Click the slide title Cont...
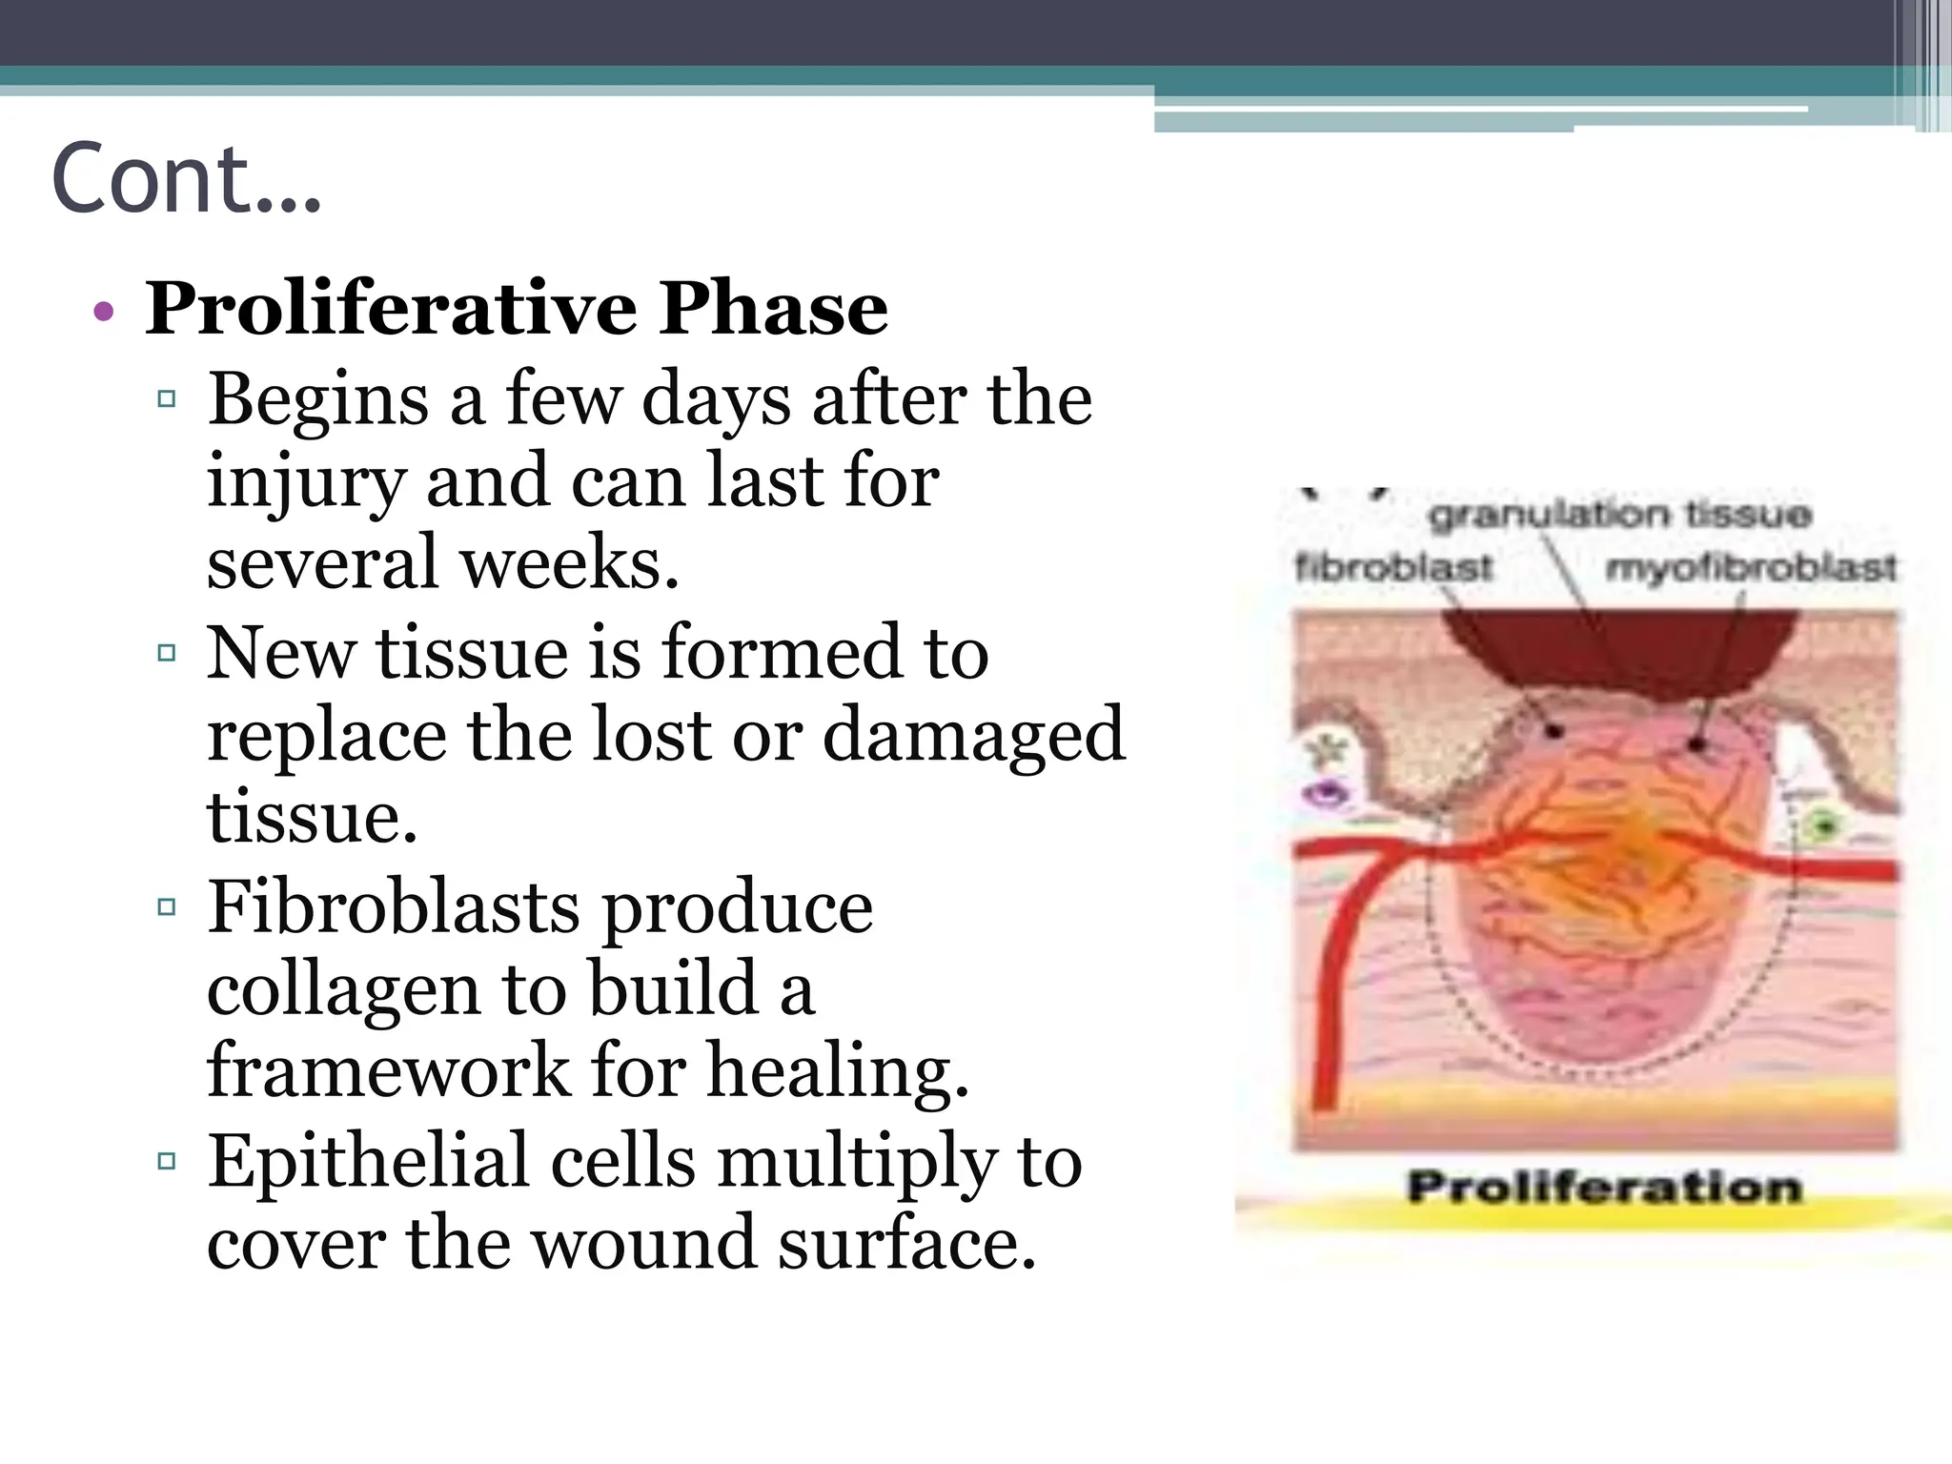click(186, 179)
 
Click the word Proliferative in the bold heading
click(391, 309)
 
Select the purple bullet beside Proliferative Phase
click(104, 312)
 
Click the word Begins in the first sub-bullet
click(318, 400)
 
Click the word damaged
click(973, 736)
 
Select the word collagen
click(343, 991)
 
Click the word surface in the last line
click(906, 1244)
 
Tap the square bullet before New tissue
click(167, 653)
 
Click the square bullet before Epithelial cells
click(167, 1161)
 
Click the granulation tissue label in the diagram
click(1618, 515)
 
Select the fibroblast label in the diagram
click(1393, 567)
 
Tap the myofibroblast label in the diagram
click(1751, 567)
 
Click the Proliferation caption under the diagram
click(1604, 1188)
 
